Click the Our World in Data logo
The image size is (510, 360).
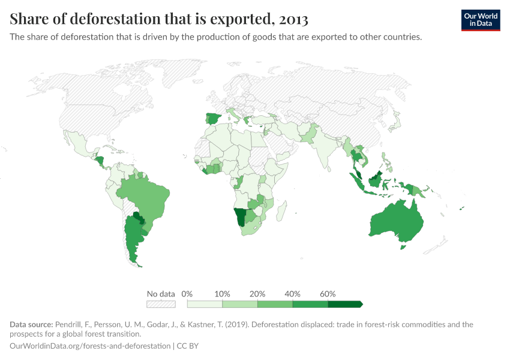(x=481, y=20)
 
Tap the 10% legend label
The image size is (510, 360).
(x=222, y=294)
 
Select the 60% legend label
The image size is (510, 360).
(x=328, y=294)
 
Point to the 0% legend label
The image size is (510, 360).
(x=187, y=294)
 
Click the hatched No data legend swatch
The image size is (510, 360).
(x=161, y=304)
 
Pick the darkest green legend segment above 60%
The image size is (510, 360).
(x=345, y=304)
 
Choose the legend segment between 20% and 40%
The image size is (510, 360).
(x=275, y=304)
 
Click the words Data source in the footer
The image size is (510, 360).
(x=31, y=325)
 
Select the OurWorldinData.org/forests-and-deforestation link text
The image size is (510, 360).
(x=90, y=346)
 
